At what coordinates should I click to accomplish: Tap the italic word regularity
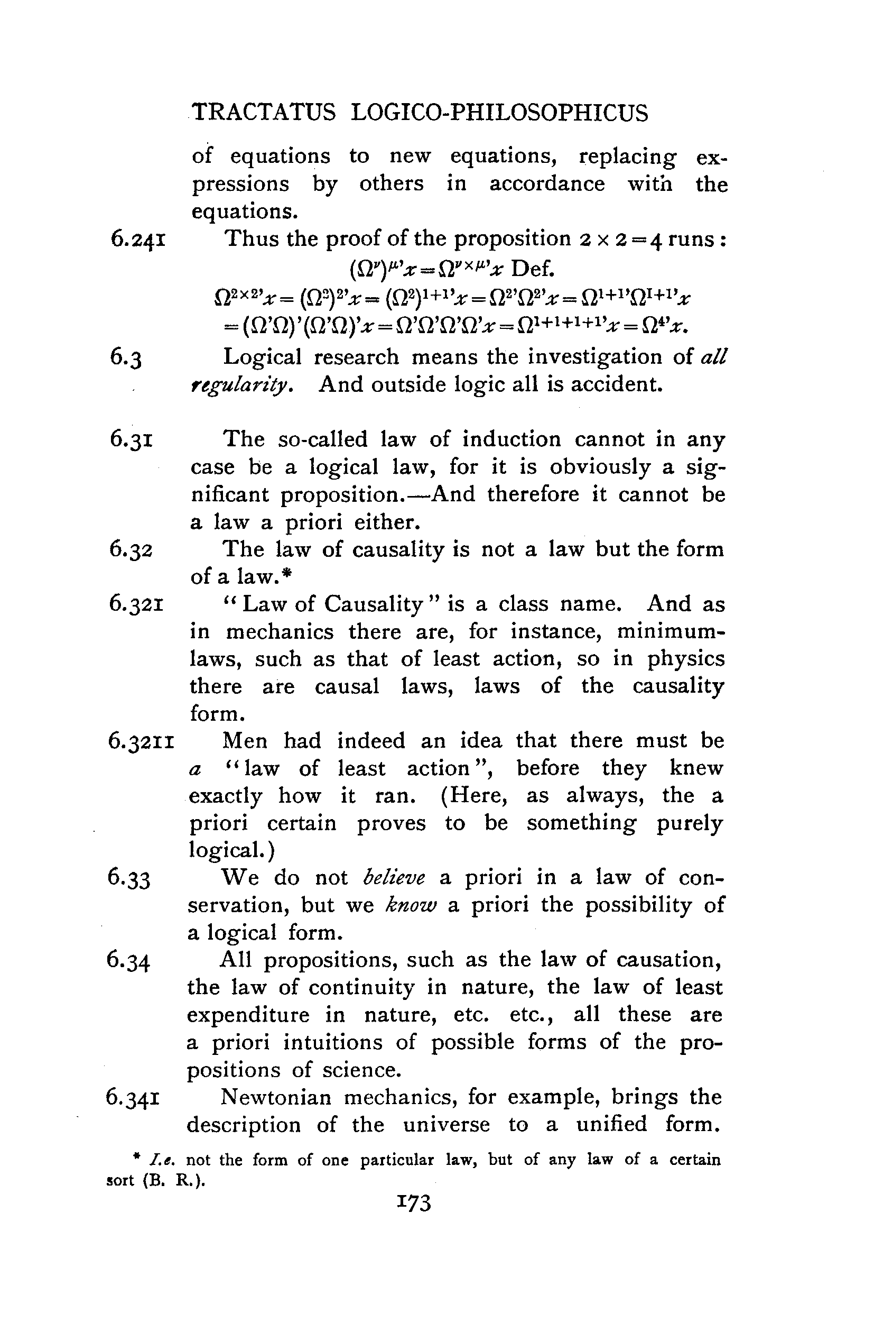[241, 385]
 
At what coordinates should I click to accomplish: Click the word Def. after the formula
[533, 269]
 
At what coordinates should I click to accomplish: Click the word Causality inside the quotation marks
[373, 604]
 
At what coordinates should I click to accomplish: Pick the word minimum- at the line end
[671, 631]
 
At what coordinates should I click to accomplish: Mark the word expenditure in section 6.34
[248, 1015]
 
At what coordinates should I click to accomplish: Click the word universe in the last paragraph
[446, 1125]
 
